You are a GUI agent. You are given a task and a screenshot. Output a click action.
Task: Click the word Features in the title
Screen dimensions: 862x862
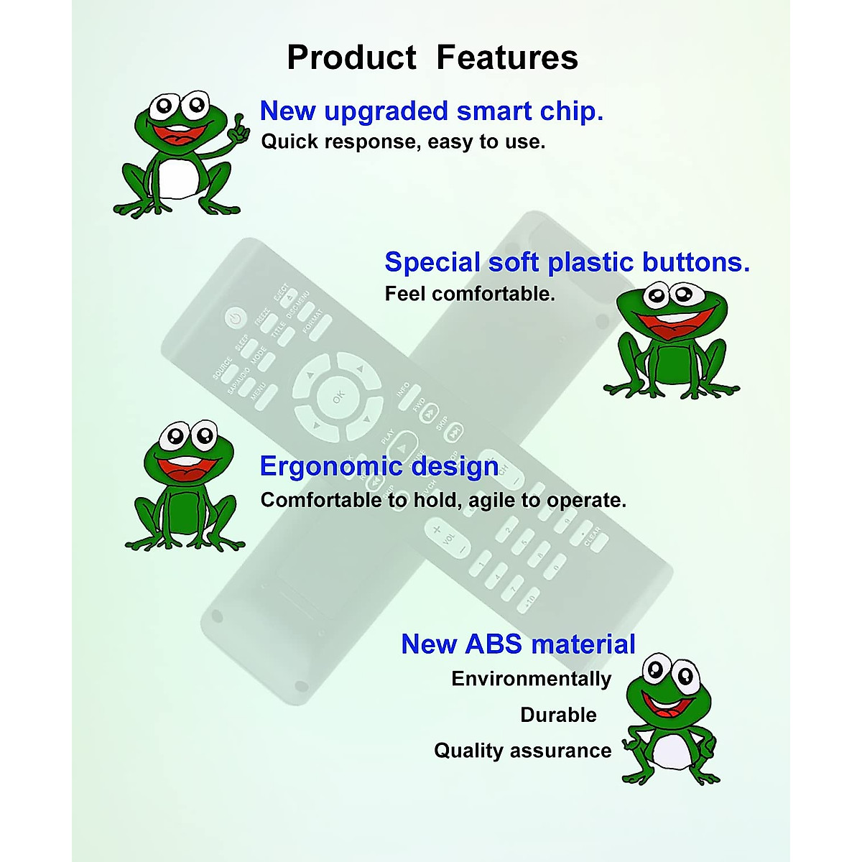507,57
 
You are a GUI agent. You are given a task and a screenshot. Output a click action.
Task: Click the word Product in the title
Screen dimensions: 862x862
351,57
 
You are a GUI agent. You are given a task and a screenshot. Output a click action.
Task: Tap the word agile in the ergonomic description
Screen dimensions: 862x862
491,500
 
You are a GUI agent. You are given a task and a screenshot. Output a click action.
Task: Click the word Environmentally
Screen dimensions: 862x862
531,679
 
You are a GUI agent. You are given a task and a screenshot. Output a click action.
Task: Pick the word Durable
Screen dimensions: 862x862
558,715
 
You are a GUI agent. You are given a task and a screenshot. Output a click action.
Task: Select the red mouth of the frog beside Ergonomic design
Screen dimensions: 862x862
186,469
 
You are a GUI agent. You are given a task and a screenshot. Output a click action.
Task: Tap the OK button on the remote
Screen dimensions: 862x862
338,396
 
